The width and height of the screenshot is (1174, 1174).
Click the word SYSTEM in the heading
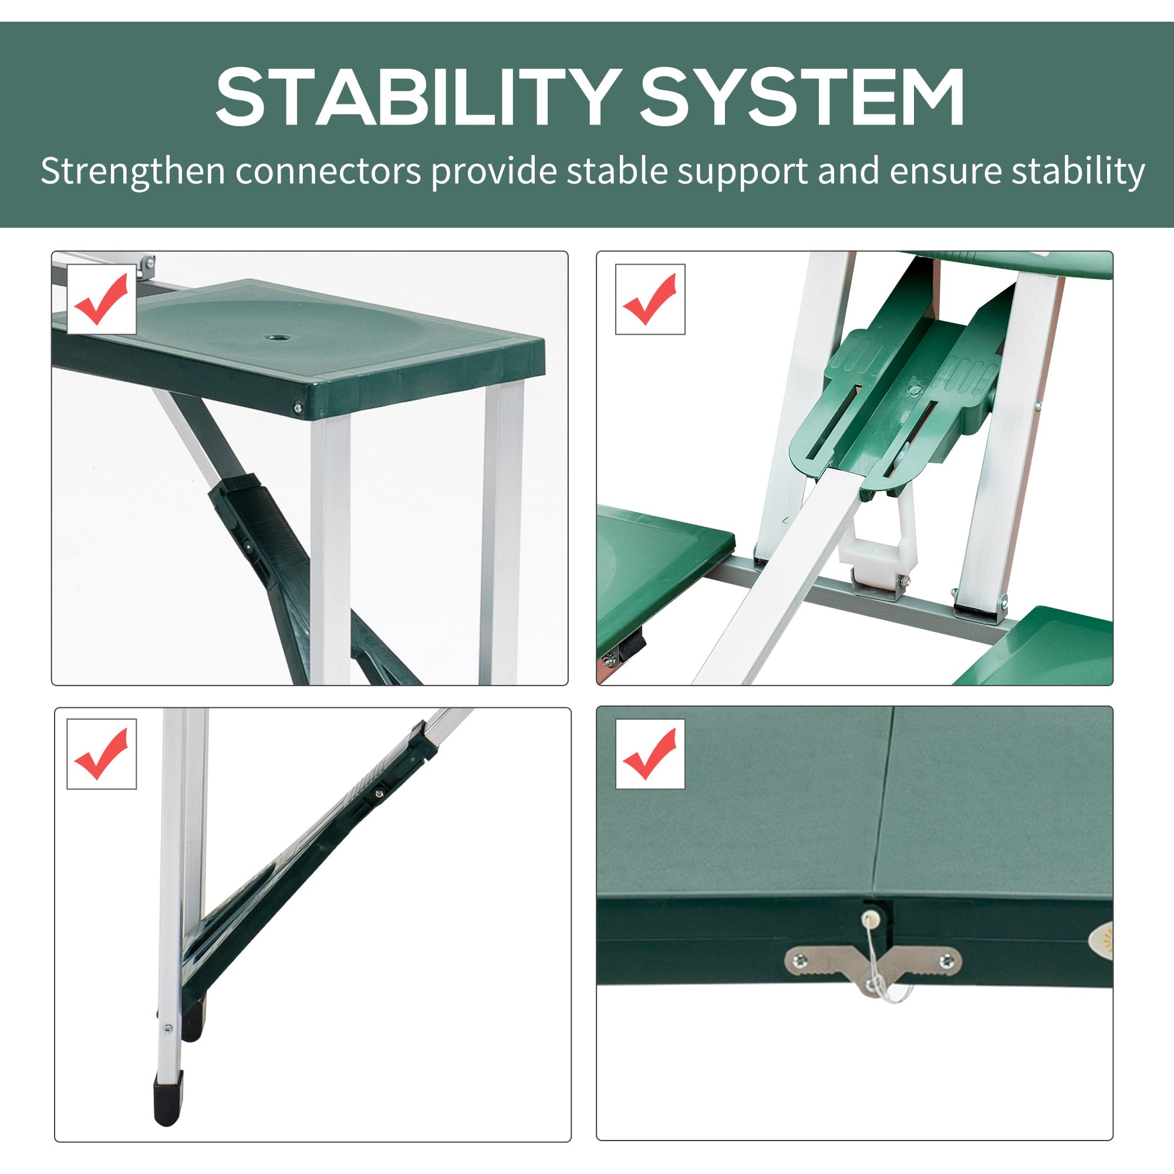[x=802, y=97]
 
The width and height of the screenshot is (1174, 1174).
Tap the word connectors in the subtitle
[x=328, y=172]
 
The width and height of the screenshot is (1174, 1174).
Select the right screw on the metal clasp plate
[x=946, y=961]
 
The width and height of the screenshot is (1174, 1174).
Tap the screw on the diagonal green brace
[x=380, y=792]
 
